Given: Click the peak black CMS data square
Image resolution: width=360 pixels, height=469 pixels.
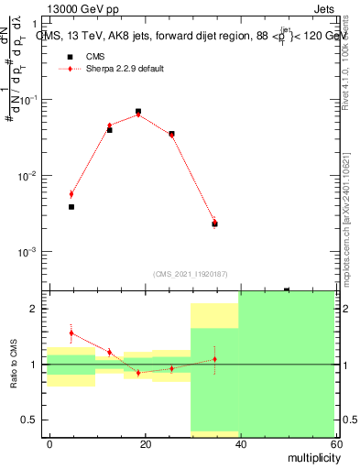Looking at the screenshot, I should click(138, 112).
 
